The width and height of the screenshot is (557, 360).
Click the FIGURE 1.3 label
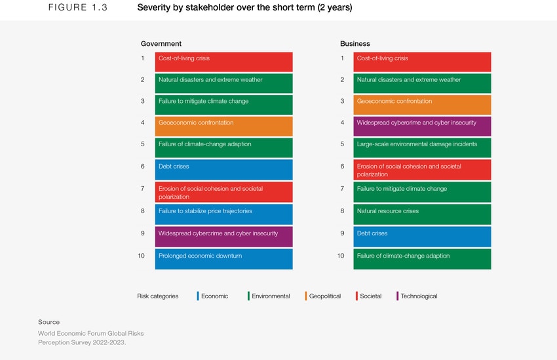[78, 9]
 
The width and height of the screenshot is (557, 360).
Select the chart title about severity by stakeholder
[244, 9]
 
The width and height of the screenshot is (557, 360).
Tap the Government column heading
[161, 44]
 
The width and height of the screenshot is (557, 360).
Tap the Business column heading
[355, 44]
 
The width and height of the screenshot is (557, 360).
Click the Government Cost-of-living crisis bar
[223, 62]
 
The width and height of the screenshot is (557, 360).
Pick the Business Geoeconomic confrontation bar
[422, 105]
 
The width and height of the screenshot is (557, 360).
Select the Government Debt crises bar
[223, 170]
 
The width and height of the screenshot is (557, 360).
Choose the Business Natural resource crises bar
[422, 214]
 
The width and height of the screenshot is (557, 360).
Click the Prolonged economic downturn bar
[223, 259]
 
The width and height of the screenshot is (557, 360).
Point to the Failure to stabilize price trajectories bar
[223, 214]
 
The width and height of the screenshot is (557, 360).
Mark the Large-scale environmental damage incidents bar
[422, 148]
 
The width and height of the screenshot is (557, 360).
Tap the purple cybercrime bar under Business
[422, 126]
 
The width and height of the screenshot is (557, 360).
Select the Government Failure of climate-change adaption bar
[223, 148]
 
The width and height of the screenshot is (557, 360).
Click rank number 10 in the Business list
[341, 256]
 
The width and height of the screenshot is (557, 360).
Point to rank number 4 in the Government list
[142, 123]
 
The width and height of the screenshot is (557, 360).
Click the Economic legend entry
[213, 296]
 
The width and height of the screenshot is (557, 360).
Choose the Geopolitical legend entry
[324, 296]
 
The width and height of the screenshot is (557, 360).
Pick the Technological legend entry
[417, 296]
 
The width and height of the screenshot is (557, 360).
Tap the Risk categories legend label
[157, 296]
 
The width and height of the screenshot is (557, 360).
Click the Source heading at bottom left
[48, 322]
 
